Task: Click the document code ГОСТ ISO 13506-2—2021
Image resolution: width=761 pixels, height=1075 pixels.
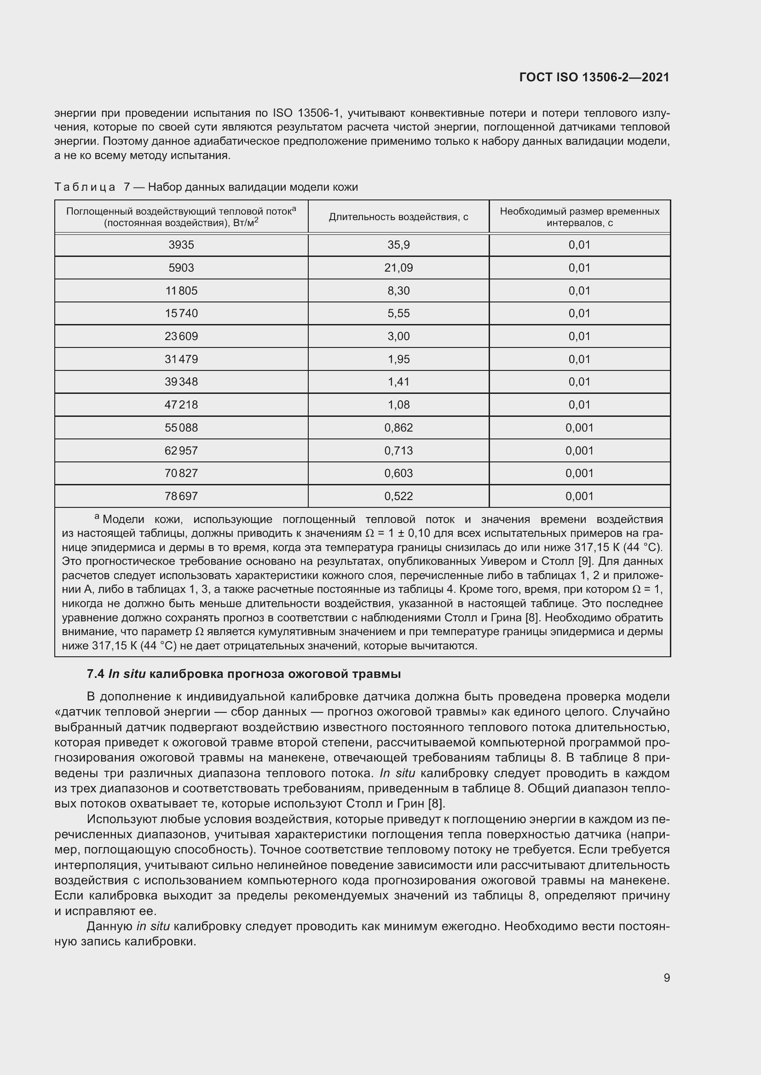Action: pyautogui.click(x=594, y=77)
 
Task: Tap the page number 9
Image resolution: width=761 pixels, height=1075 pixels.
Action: pyautogui.click(x=666, y=978)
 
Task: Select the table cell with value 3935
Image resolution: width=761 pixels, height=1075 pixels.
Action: pyautogui.click(x=181, y=245)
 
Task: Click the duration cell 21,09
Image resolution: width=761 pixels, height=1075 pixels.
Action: pyautogui.click(x=398, y=268)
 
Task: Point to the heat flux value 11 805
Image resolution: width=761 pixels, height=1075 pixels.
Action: pyautogui.click(x=181, y=291)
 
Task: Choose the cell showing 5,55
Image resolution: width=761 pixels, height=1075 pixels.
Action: pyautogui.click(x=398, y=313)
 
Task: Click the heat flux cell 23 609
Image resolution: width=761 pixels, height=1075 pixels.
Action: pyautogui.click(x=181, y=336)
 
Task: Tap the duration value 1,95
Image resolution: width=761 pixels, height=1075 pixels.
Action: pyautogui.click(x=398, y=359)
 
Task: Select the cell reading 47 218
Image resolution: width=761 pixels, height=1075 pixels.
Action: pyautogui.click(x=181, y=404)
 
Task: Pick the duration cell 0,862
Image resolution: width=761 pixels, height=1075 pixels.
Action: pyautogui.click(x=398, y=427)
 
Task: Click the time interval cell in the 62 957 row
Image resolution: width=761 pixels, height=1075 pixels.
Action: pyautogui.click(x=579, y=450)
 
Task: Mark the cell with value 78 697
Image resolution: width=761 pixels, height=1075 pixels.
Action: pyautogui.click(x=181, y=496)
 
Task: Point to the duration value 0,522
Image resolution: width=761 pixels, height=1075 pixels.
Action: pyautogui.click(x=398, y=496)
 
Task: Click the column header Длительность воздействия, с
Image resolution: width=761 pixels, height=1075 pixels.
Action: pyautogui.click(x=398, y=217)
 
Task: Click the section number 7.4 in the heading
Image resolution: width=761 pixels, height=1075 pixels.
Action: pyautogui.click(x=96, y=674)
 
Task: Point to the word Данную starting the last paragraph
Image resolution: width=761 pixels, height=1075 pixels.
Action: pyautogui.click(x=110, y=926)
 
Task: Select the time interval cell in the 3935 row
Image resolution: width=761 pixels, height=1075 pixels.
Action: pyautogui.click(x=579, y=245)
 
